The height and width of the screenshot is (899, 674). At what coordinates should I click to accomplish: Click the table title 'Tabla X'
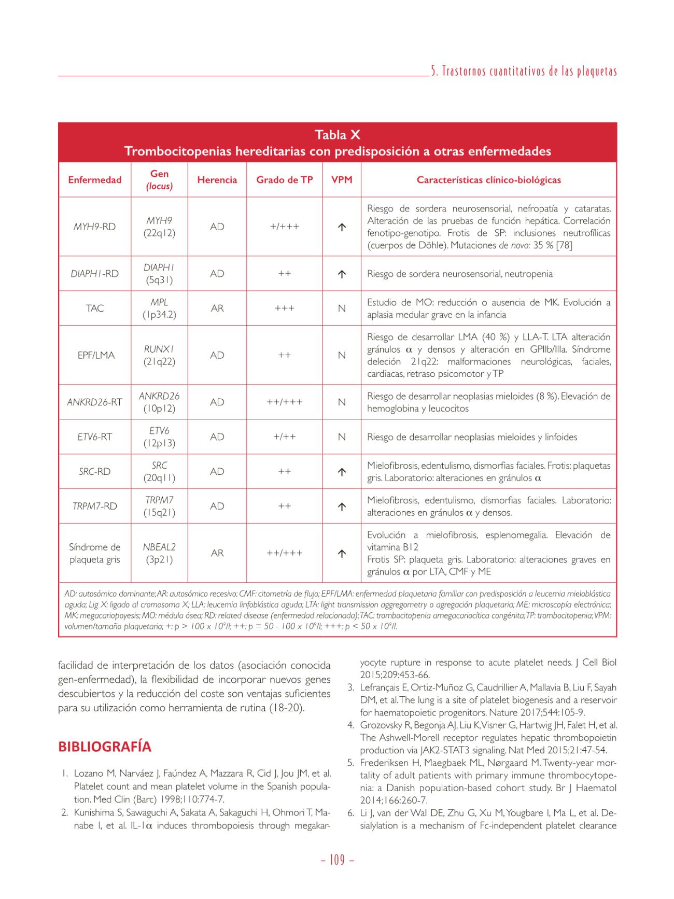337,135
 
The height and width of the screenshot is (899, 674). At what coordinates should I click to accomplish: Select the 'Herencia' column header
217,180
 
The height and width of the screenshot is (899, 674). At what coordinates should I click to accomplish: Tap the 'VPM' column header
342,180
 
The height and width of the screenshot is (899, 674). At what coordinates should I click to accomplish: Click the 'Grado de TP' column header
285,180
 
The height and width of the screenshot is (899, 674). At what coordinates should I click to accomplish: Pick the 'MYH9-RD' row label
94,227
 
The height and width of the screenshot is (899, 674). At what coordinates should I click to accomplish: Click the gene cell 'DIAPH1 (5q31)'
159,274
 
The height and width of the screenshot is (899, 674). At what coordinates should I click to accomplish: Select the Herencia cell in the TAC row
217,308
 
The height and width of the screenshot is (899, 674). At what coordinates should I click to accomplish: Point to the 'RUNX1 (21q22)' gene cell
159,355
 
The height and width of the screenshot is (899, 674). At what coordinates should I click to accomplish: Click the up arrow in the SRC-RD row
342,472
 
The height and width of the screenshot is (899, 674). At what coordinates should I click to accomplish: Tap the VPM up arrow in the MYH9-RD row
342,227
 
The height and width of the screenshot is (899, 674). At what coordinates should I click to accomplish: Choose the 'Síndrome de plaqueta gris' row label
94,553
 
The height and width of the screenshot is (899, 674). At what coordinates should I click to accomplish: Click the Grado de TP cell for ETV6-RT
285,437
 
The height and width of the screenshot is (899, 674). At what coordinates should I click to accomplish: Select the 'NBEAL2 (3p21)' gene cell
159,553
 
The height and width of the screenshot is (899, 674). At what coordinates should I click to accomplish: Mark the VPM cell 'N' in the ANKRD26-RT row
342,402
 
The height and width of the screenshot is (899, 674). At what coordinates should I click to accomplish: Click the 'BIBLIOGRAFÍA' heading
105,747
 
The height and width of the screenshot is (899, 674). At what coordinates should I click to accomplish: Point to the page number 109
337,860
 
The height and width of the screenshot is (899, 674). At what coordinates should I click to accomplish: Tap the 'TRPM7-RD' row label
94,506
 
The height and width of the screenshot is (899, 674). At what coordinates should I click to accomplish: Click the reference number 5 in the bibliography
350,763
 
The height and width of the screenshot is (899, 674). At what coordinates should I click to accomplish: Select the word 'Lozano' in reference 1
89,774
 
